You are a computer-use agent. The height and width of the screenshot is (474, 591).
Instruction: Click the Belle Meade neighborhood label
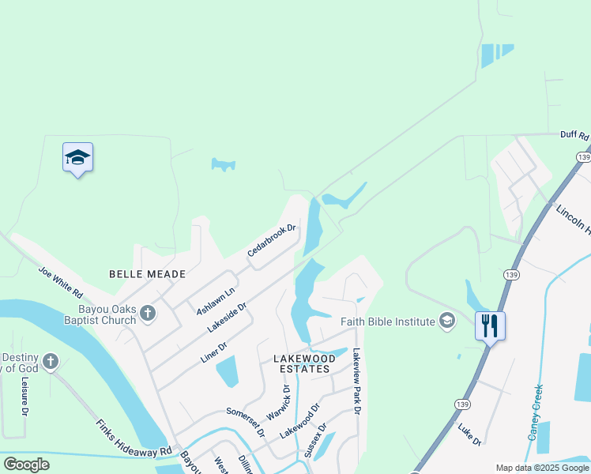coord(148,274)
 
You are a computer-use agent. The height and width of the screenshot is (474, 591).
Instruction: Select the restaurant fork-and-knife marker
coord(490,325)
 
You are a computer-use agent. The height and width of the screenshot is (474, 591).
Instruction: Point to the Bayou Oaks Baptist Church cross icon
coord(148,314)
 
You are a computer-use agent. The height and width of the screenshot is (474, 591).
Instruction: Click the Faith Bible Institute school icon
coord(447,321)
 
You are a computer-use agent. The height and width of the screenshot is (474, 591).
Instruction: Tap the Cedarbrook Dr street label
coord(271,240)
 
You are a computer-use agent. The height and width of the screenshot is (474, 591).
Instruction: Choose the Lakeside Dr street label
coord(227,315)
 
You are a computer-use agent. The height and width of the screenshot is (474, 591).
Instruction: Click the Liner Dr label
coord(214,352)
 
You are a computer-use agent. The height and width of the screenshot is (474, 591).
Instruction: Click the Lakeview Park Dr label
coord(356,382)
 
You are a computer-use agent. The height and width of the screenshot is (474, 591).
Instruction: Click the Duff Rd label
coord(574,136)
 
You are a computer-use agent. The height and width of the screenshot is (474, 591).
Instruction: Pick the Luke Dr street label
coord(469,434)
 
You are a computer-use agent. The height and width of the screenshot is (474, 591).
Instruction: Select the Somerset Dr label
coord(245,422)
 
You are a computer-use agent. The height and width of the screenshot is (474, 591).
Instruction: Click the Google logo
coord(26,464)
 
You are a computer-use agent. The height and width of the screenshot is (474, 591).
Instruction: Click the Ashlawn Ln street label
coord(215,301)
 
